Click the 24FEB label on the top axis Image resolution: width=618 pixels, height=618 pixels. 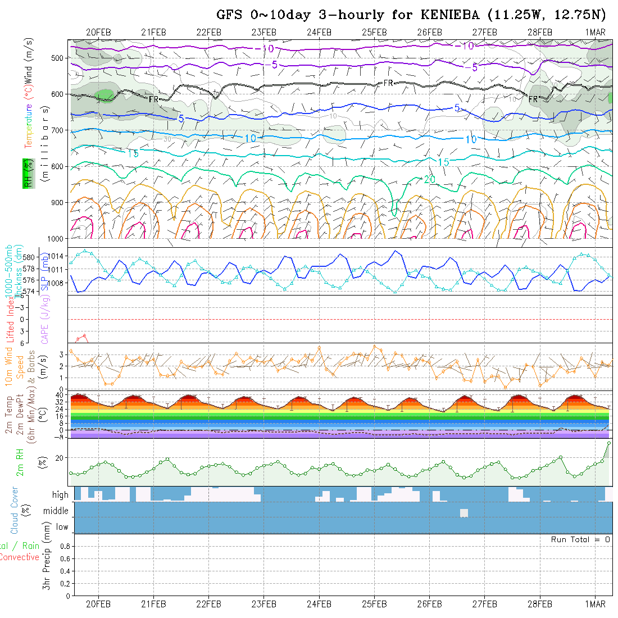(x=319, y=32)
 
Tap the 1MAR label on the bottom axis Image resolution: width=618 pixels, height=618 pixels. (x=595, y=605)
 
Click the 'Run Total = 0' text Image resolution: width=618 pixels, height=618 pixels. (x=580, y=539)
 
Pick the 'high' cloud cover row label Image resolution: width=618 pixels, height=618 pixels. (x=60, y=495)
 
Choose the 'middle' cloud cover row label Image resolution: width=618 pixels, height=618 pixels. (x=56, y=511)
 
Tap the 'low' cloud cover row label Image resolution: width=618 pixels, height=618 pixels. (x=62, y=527)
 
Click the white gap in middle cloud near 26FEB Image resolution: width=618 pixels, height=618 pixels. (x=464, y=513)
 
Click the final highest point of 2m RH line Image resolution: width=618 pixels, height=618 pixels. (x=608, y=443)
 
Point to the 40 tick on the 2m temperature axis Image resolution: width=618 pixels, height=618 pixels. (x=58, y=395)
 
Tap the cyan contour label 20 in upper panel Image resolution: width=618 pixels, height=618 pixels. (x=430, y=179)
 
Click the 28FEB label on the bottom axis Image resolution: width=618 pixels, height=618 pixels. (x=539, y=605)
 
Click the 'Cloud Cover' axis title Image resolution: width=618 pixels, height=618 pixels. (x=15, y=510)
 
